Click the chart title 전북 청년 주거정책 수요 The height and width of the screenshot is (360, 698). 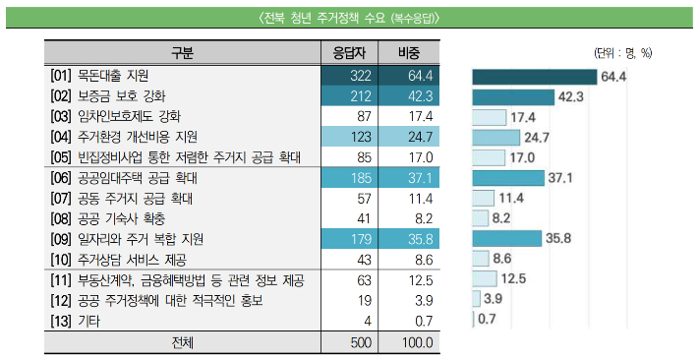[349, 17]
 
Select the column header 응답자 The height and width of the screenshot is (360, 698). [353, 52]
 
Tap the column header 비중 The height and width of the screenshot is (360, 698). [410, 52]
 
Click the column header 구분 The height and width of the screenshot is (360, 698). [183, 52]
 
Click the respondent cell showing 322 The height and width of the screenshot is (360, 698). [353, 75]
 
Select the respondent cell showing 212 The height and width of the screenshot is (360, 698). [353, 95]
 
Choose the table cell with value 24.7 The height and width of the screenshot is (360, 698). [410, 137]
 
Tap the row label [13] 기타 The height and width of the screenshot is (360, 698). [78, 321]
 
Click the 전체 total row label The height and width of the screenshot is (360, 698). [183, 342]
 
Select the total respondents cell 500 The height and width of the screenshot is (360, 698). [353, 342]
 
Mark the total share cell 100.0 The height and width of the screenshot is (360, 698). [410, 342]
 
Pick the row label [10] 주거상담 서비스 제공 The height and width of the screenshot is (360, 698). [122, 259]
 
